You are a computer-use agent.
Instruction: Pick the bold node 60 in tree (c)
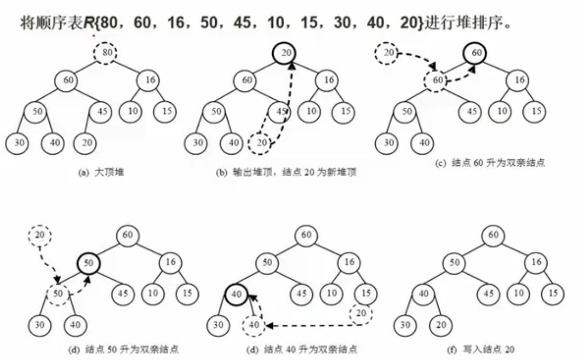477,53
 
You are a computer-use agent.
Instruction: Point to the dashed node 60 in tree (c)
437,80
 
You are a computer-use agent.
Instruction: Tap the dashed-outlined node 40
254,325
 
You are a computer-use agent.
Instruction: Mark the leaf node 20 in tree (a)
86,143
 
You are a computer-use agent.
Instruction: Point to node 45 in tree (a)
102,112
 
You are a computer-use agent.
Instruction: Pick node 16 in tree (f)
537,262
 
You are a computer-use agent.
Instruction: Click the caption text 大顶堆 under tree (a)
110,173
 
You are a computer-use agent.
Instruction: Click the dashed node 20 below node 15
361,313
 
